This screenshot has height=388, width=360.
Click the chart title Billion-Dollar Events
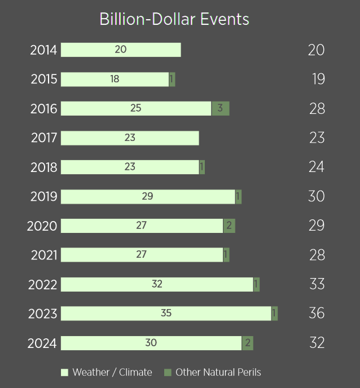tap(174, 19)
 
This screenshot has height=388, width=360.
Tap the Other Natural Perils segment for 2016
tap(220, 108)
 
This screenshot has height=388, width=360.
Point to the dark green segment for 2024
tap(247, 343)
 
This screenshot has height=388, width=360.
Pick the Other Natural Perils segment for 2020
tap(229, 226)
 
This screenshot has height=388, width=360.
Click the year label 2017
tap(44, 138)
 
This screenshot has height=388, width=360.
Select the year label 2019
tap(44, 196)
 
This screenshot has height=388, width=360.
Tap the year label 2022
tap(43, 284)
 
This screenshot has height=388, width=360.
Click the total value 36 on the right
tap(317, 313)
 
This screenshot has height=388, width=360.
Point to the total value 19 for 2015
tap(318, 79)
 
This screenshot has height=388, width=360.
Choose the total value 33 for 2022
tap(317, 284)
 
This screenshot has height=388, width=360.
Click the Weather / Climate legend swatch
tap(64, 372)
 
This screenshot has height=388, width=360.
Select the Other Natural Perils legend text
tap(218, 372)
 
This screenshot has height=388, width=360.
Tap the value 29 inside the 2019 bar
tap(147, 196)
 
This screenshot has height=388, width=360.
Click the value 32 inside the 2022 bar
tap(157, 284)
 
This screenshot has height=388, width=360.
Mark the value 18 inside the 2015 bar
tap(115, 79)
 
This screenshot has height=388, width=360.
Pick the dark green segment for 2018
tap(202, 167)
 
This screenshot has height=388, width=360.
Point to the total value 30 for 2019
tap(317, 196)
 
